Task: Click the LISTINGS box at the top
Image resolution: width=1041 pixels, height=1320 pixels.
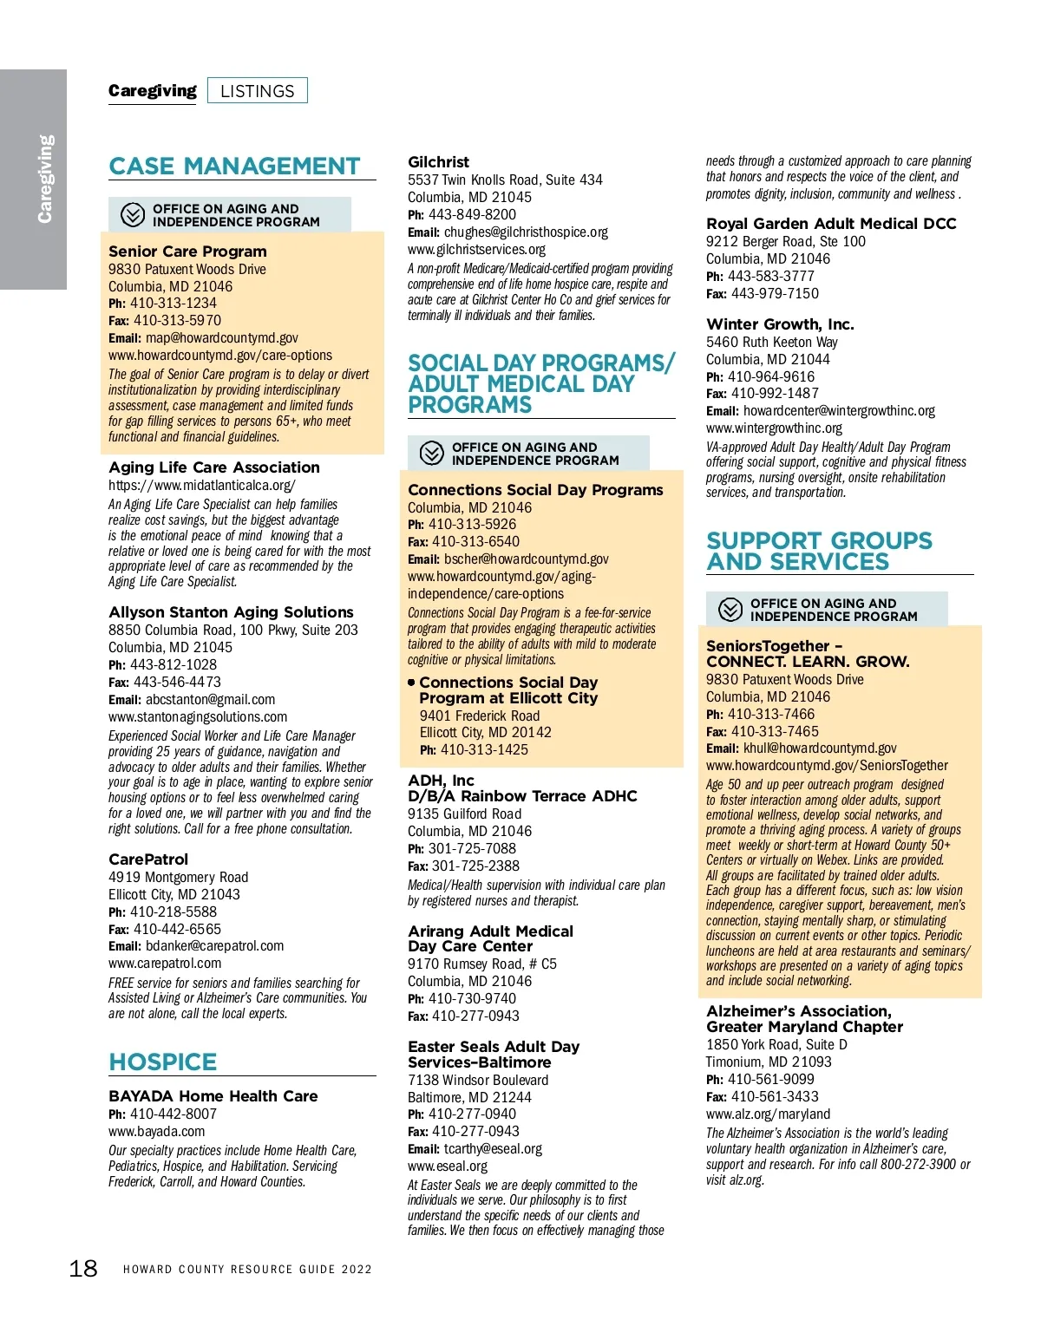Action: tap(258, 91)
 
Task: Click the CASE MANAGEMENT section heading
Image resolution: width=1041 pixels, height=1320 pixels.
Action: tap(234, 166)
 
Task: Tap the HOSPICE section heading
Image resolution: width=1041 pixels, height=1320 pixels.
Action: tap(163, 1062)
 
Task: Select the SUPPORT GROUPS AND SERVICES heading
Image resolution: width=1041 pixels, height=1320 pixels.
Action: tap(819, 552)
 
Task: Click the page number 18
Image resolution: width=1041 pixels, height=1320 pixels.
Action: tap(83, 1269)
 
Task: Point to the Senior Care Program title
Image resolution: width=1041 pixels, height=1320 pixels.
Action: tap(187, 252)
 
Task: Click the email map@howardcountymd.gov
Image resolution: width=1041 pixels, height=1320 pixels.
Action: tap(221, 338)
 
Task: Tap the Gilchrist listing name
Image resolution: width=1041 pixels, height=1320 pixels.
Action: tap(438, 162)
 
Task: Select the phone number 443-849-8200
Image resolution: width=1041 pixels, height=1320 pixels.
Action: tap(472, 214)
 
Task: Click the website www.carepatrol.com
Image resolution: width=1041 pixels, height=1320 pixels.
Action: tap(165, 964)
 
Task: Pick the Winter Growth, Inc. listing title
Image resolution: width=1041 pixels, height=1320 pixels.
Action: tap(780, 324)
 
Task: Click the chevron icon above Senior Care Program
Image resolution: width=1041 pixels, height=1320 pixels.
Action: tap(133, 214)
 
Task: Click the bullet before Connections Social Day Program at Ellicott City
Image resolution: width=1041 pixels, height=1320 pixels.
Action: tap(411, 683)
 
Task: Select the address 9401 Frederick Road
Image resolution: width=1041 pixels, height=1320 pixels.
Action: tap(480, 716)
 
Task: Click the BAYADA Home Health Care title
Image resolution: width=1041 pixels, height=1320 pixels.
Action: tap(213, 1096)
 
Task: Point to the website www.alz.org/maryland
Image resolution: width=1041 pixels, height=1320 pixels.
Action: tap(768, 1114)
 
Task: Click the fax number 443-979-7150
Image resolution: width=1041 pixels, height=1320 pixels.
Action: tap(775, 294)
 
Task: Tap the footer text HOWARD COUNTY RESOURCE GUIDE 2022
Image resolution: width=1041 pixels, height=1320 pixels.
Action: tap(247, 1270)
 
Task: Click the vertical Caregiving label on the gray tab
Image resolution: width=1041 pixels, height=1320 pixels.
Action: tap(45, 179)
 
